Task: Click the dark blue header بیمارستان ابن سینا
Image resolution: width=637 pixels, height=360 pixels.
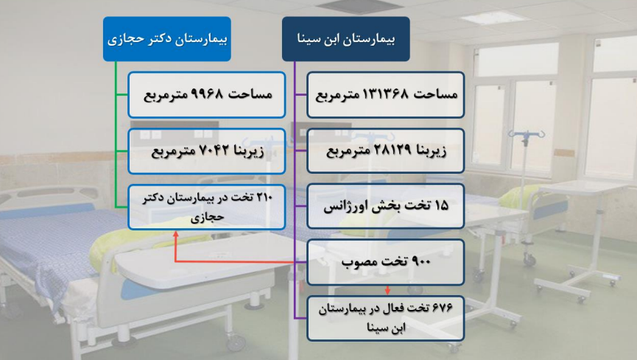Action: coord(345,39)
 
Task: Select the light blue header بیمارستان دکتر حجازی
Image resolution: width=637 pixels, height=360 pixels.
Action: coord(167,39)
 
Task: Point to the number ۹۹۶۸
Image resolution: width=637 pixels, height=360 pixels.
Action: coord(207,94)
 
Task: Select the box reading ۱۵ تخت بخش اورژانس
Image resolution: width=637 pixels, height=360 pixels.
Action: coord(386,206)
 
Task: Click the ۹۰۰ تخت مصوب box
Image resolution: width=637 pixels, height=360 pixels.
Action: coord(386,262)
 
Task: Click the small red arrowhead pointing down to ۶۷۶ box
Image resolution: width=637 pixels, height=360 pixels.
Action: coord(387,291)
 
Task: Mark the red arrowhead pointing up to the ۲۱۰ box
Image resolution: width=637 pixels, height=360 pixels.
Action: coord(175,233)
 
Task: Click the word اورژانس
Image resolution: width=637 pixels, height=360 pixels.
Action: coord(339,206)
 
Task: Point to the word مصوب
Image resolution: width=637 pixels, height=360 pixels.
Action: coord(356,262)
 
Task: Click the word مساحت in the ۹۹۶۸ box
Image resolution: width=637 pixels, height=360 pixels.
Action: coord(250,94)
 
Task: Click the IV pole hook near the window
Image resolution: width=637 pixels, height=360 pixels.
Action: coord(527,135)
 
